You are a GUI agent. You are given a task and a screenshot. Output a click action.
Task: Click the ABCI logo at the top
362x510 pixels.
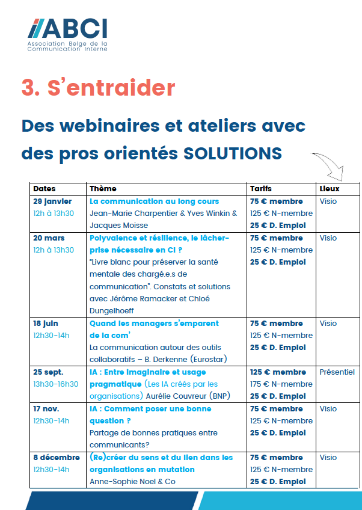click(68, 34)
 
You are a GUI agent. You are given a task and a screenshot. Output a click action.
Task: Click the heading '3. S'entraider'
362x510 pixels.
click(98, 88)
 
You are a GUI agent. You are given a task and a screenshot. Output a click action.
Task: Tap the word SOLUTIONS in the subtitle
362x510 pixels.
click(232, 153)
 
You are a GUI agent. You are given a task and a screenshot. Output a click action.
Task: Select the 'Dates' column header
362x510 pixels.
click(44, 189)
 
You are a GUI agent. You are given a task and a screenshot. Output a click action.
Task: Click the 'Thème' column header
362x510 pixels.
click(103, 189)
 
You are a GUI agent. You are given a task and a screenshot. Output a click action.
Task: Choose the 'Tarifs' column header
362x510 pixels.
click(261, 189)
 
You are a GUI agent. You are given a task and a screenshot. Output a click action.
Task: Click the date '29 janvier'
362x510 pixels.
click(52, 201)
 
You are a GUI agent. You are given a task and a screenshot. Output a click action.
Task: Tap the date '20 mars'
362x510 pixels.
click(49, 238)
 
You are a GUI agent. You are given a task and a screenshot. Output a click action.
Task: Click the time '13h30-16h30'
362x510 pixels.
click(56, 384)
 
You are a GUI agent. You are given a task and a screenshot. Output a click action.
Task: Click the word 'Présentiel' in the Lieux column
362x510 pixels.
click(337, 372)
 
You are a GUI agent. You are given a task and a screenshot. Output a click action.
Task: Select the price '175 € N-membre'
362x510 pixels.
click(281, 384)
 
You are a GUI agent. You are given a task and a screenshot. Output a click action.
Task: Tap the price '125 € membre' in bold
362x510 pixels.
click(278, 372)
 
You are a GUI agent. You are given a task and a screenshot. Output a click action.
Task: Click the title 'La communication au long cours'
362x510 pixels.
click(154, 201)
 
